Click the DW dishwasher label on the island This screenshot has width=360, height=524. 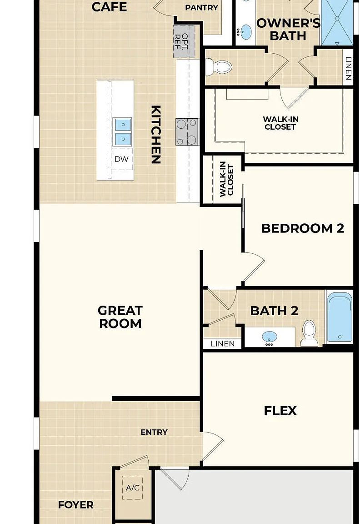121,159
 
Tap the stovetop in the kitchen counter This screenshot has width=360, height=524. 187,131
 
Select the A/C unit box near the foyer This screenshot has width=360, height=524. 133,488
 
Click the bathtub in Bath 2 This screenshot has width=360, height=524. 340,317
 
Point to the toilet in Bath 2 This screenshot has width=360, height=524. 309,333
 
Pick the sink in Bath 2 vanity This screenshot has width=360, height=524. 270,337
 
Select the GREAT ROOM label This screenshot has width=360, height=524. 120,317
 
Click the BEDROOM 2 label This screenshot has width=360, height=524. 303,228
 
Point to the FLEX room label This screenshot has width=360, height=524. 280,411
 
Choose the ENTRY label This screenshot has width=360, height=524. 154,432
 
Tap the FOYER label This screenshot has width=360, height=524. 76,504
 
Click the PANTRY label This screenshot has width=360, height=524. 201,7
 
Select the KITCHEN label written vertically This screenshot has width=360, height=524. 156,134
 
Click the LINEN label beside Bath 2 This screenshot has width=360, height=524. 223,343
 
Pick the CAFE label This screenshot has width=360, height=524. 109,7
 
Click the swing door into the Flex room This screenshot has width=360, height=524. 213,447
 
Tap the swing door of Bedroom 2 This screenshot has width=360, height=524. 253,267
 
